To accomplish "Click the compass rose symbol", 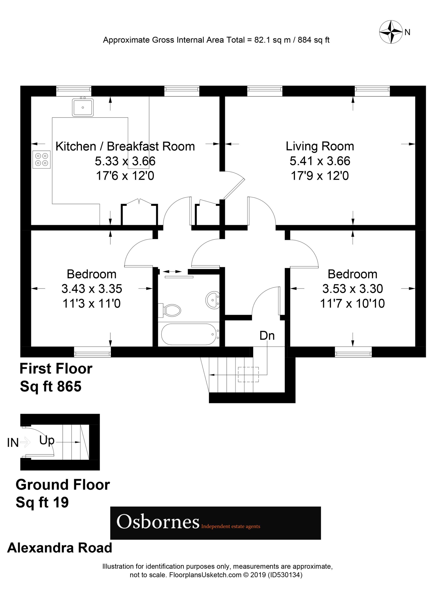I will [x=390, y=32].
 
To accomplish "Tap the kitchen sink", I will [x=83, y=107].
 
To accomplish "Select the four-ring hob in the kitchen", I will [x=42, y=159].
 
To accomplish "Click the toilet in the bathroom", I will [x=170, y=310].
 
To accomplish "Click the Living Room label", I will [x=320, y=146].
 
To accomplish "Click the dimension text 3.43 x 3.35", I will [x=92, y=288].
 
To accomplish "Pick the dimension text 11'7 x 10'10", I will [x=352, y=303].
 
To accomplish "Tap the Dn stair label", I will [x=267, y=336].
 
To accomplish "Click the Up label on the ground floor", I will [x=47, y=440].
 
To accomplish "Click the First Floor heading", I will [x=56, y=369].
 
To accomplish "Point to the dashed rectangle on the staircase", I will [x=248, y=374].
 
